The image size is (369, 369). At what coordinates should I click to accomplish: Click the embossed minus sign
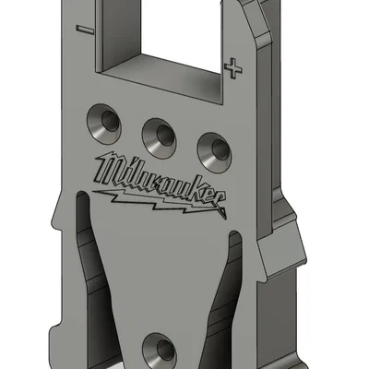86,29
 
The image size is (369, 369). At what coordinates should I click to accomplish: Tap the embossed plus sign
236,66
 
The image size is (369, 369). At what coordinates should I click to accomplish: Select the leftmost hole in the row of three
103,118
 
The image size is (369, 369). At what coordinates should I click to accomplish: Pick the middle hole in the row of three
161,134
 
